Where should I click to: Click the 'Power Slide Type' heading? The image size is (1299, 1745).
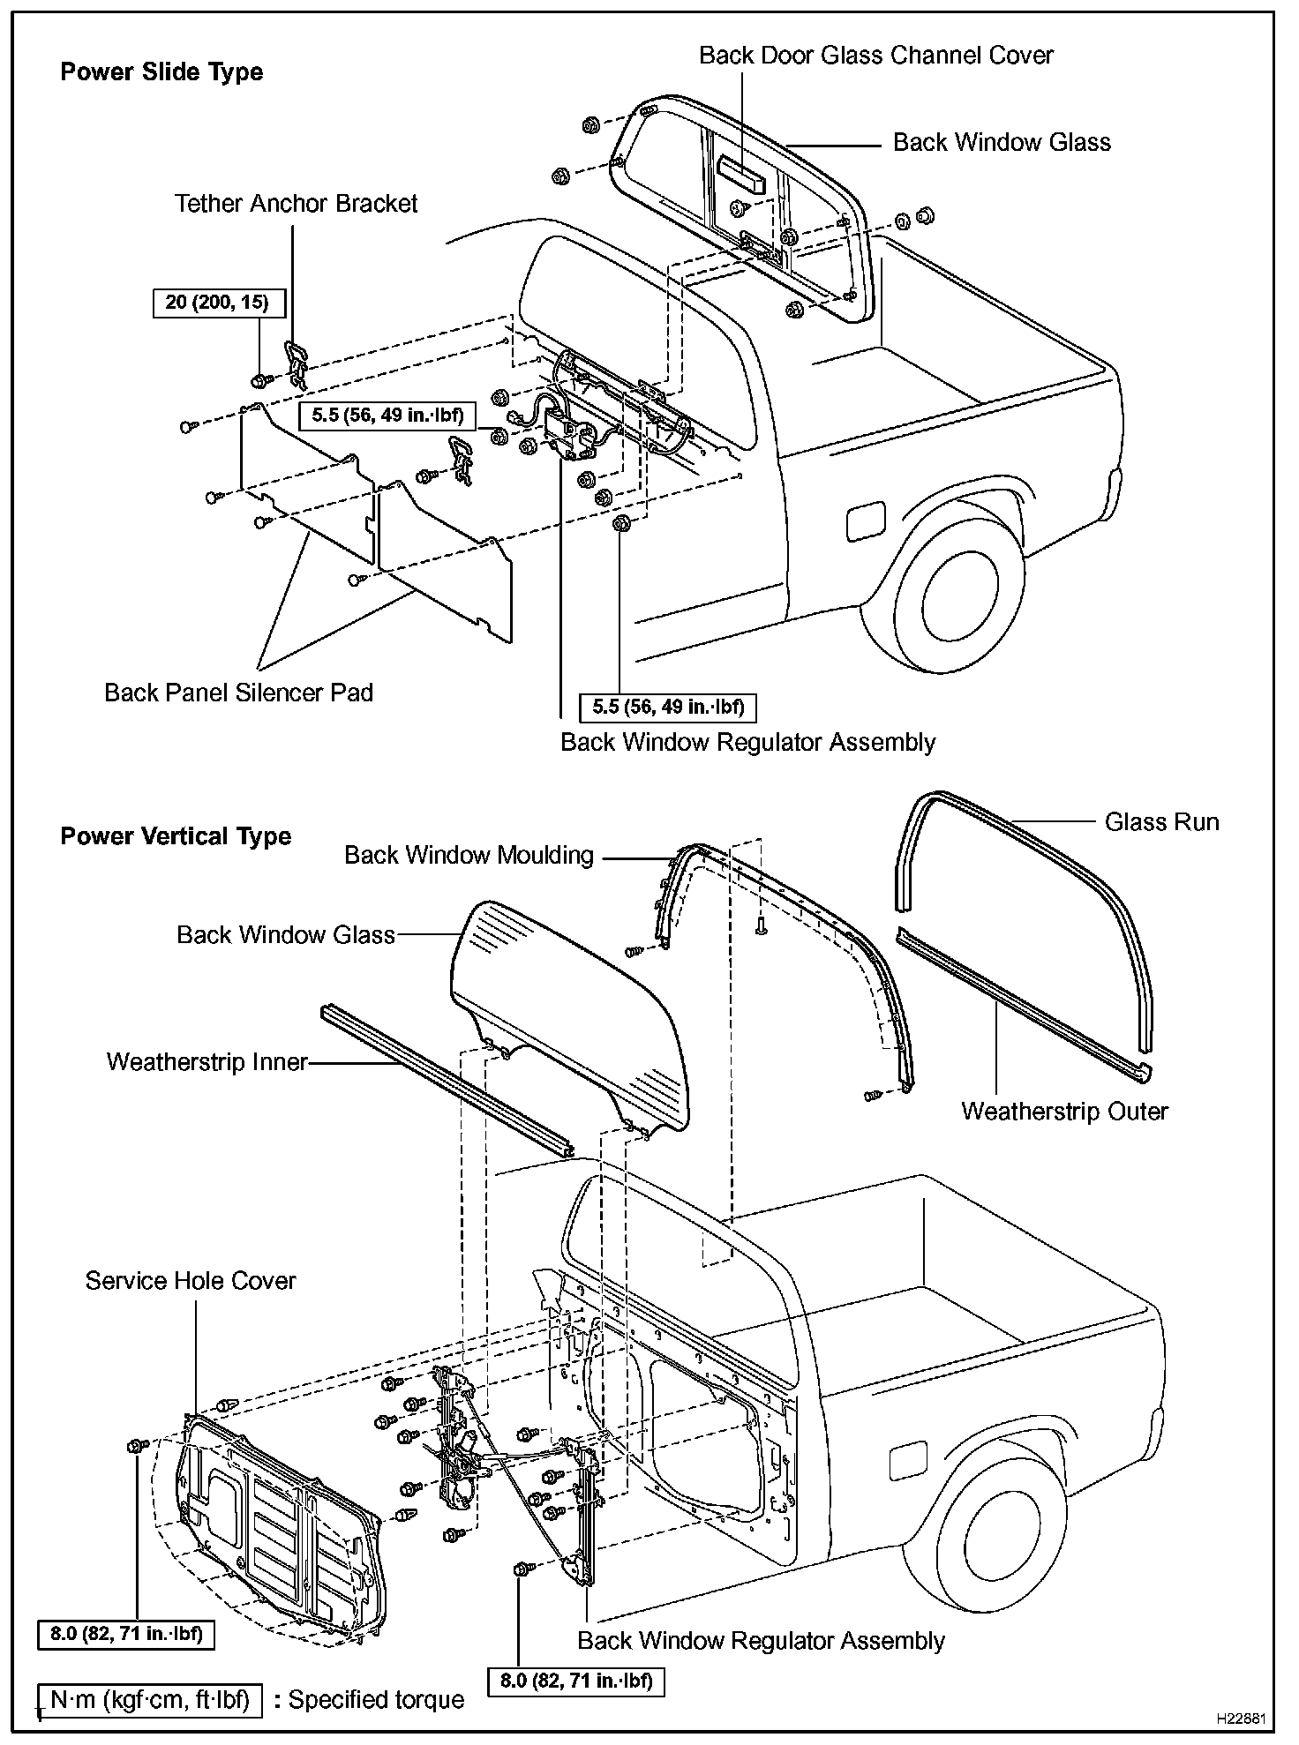coord(161,72)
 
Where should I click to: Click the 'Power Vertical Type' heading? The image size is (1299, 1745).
coord(176,836)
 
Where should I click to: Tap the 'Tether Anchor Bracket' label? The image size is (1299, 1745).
coord(296,204)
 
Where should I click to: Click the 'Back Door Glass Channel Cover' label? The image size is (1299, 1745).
coord(875,56)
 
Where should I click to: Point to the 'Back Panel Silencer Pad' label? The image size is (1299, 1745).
coord(238,693)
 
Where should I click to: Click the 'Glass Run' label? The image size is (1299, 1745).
coord(1161,822)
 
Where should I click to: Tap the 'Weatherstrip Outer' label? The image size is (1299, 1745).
coord(1064,1112)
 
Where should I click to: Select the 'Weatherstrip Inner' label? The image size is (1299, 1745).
coord(207,1061)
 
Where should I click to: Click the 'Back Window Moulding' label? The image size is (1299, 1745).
coord(469,855)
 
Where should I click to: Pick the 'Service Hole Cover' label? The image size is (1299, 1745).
coord(191,1281)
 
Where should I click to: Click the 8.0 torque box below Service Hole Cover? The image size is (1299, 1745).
coord(126,1634)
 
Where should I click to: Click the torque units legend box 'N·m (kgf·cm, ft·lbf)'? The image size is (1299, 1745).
coord(150,1699)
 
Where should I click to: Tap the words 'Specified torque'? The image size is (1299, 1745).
coord(376,1700)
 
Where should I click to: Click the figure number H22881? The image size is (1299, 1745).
coord(1241,1719)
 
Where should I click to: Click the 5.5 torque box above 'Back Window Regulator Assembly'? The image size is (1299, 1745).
coord(668,707)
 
